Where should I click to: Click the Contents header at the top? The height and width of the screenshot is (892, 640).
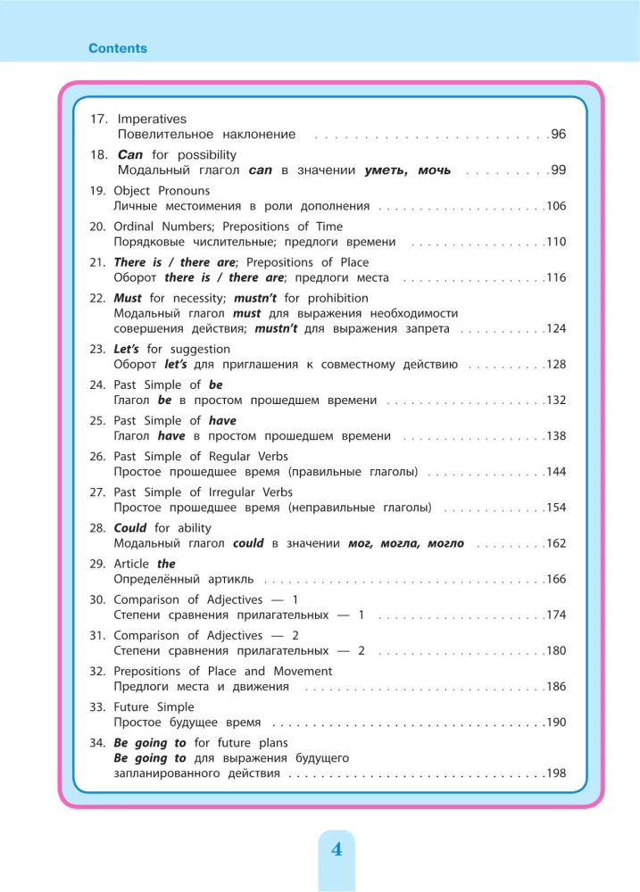click(118, 48)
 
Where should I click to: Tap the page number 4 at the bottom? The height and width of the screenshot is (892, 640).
click(337, 849)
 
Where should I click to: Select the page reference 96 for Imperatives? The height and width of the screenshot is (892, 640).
click(559, 135)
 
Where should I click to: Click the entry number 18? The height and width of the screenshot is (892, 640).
click(99, 154)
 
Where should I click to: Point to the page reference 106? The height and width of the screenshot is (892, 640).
click(556, 206)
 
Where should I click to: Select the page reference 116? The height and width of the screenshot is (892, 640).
click(556, 277)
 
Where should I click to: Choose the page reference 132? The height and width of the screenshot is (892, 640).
click(556, 401)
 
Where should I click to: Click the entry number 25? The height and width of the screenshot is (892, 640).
click(97, 420)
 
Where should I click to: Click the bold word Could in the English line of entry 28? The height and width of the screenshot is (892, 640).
click(130, 527)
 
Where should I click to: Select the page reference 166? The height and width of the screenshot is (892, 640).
click(556, 579)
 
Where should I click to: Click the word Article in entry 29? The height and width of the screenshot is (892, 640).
click(132, 564)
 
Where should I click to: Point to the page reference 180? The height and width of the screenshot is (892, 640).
click(556, 650)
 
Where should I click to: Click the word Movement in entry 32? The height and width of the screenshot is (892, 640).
click(302, 671)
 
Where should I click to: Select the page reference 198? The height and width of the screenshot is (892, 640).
click(556, 773)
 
